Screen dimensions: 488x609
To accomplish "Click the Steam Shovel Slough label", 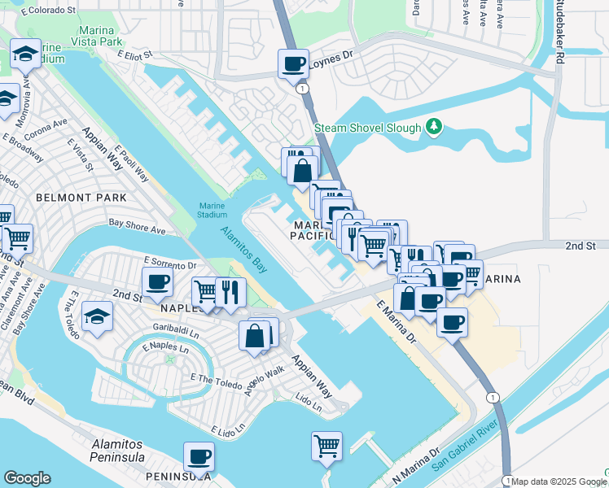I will coord(368,128).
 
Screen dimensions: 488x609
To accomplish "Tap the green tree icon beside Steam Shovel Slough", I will coord(435,127).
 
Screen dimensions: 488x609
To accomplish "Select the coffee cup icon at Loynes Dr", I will coord(293,63).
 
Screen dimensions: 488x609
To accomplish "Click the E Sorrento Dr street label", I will coord(170,264).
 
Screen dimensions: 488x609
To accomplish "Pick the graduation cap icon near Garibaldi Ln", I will coord(97,316).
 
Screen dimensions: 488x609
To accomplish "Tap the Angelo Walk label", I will coord(265,381).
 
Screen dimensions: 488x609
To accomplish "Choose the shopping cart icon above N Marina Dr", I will coord(326,446).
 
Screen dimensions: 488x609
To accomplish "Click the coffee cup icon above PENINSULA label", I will coord(199,456).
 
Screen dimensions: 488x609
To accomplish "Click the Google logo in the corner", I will coord(27,478).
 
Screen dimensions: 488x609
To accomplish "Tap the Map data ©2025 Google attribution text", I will coord(556,481).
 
